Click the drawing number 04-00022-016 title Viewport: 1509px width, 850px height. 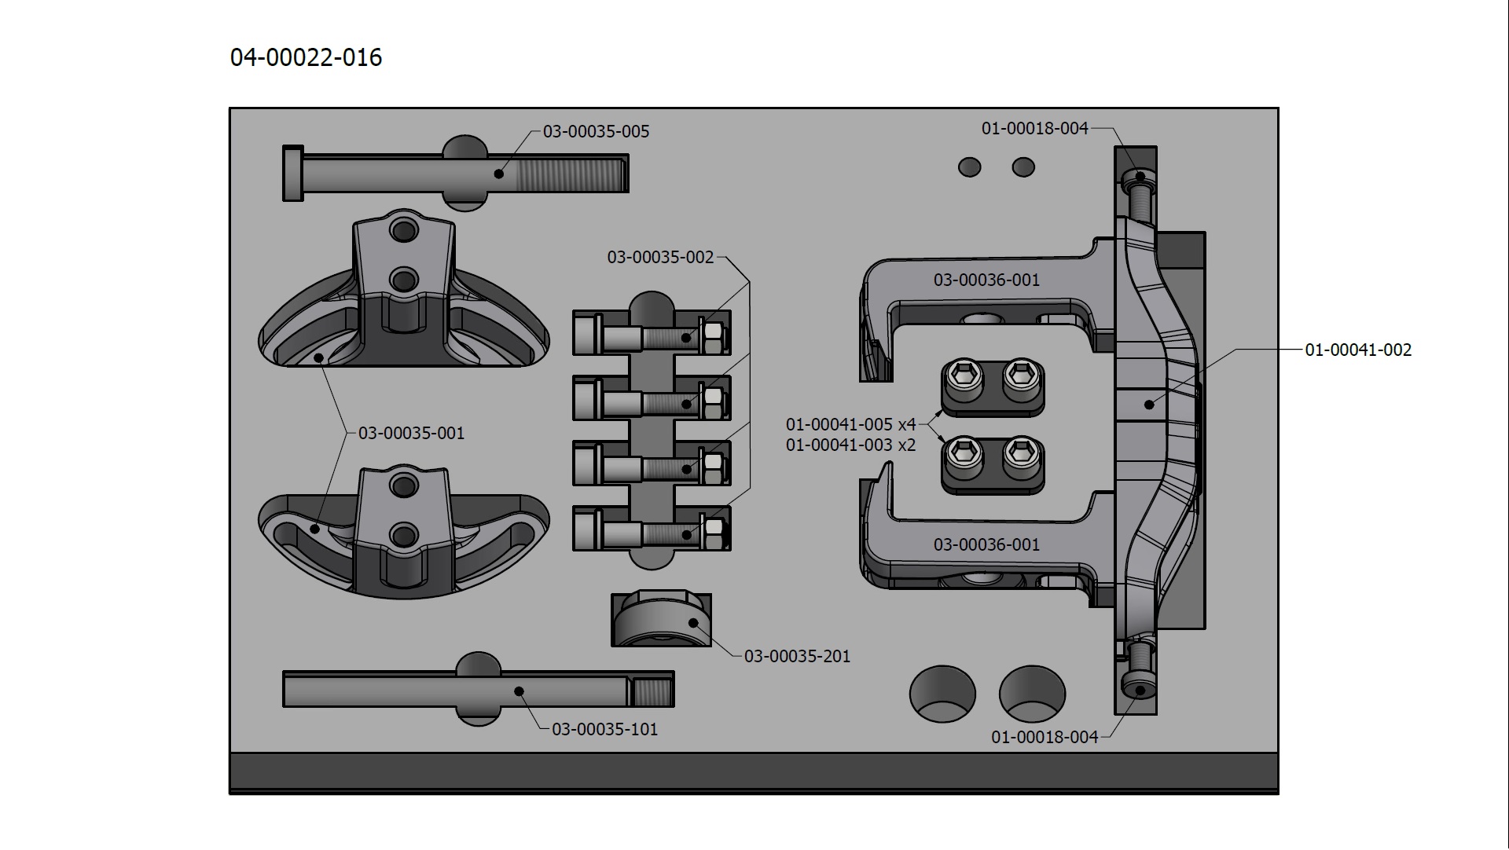click(x=306, y=57)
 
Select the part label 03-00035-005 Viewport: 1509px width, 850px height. click(x=597, y=131)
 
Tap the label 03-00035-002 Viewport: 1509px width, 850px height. click(x=661, y=257)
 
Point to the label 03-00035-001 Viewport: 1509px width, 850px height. click(x=411, y=433)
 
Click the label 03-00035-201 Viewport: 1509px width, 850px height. click(x=797, y=656)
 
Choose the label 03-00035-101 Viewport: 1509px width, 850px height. click(x=604, y=729)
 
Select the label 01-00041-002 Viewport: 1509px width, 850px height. click(x=1358, y=350)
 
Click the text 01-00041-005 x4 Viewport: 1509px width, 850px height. click(x=851, y=424)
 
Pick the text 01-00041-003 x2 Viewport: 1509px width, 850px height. click(x=851, y=445)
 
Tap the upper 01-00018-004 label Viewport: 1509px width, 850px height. click(x=1035, y=128)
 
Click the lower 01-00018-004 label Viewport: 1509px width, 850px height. click(x=1045, y=737)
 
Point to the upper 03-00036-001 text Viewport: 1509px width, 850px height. click(x=986, y=280)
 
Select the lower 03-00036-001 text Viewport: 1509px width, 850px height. click(x=986, y=544)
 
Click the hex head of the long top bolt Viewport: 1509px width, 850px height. click(x=293, y=173)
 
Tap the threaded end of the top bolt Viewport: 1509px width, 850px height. click(x=571, y=174)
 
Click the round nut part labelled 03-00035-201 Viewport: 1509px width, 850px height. click(x=662, y=621)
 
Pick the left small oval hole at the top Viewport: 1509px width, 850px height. click(x=970, y=167)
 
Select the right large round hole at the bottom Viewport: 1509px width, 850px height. click(x=1032, y=694)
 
